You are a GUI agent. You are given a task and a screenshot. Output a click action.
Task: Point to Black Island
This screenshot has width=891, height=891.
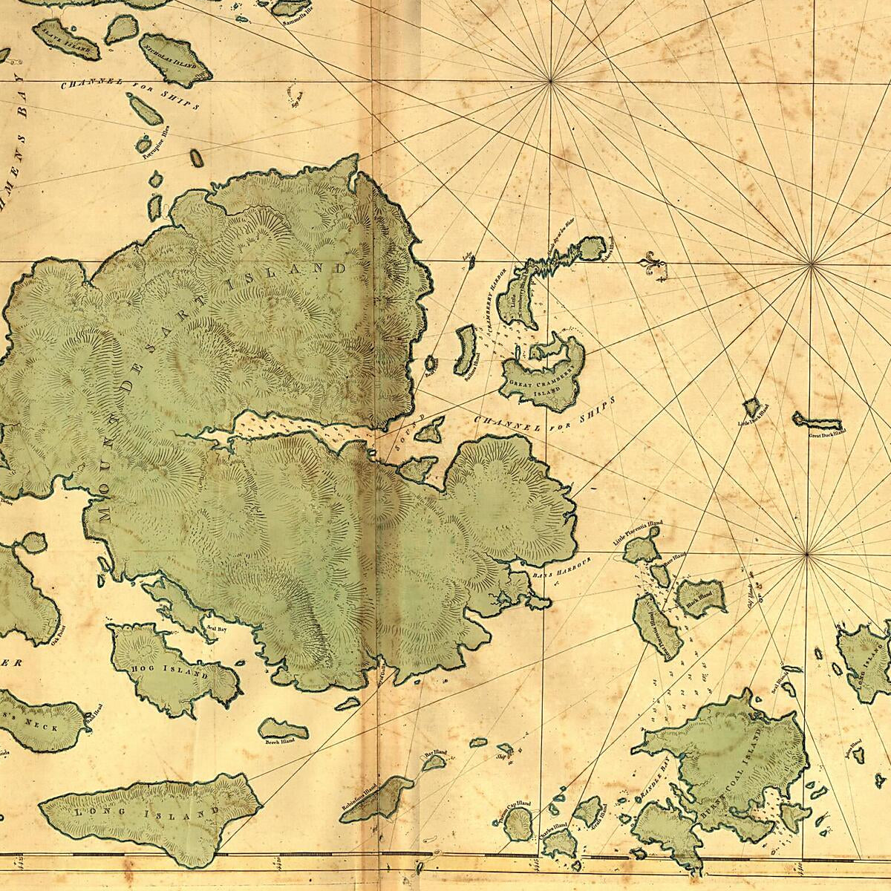(701, 595)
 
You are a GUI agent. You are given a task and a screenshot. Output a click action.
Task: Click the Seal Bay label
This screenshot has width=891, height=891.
(216, 627)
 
